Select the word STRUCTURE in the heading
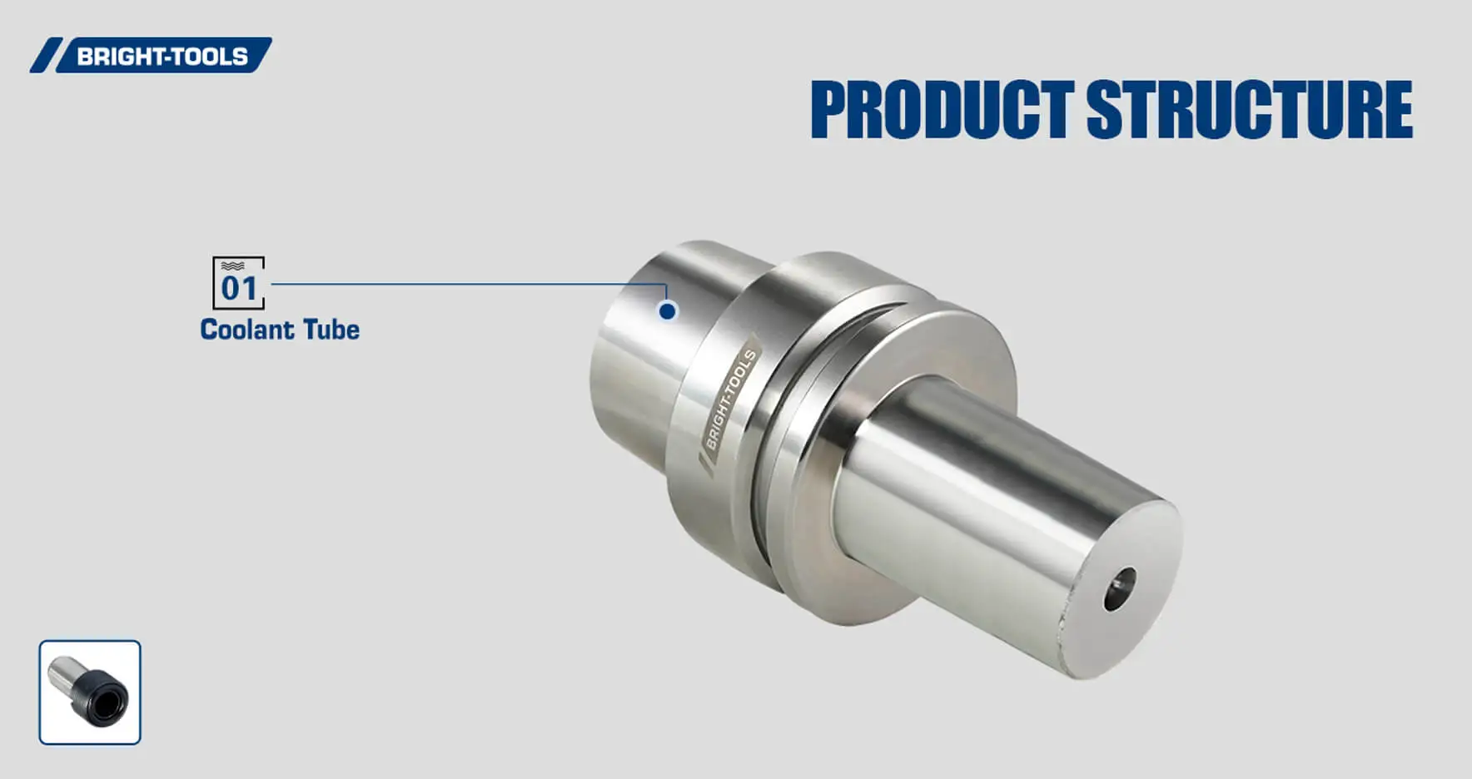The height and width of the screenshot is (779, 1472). tap(1249, 109)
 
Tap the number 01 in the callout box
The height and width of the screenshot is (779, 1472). tap(239, 288)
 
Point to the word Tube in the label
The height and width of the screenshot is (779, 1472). tap(331, 330)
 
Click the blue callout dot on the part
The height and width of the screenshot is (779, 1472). tap(667, 310)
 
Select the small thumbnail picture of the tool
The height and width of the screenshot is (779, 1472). tap(90, 692)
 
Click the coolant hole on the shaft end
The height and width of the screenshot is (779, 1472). tap(1120, 589)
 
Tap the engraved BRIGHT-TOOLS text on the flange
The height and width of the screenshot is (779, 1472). tap(729, 399)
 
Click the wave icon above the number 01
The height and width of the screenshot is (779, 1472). tap(233, 265)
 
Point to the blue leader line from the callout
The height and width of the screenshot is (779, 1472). tap(466, 284)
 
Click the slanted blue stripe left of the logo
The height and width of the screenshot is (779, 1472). tap(46, 56)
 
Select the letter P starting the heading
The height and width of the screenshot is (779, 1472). tap(831, 109)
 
